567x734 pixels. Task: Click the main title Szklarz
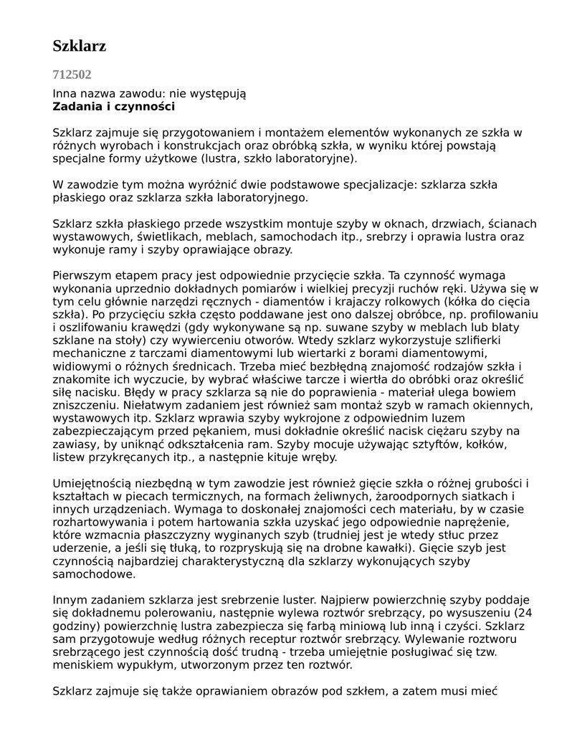(80, 47)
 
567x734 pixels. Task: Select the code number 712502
(72, 75)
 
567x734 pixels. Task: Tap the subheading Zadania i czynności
(113, 107)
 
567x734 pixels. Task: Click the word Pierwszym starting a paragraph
(85, 275)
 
